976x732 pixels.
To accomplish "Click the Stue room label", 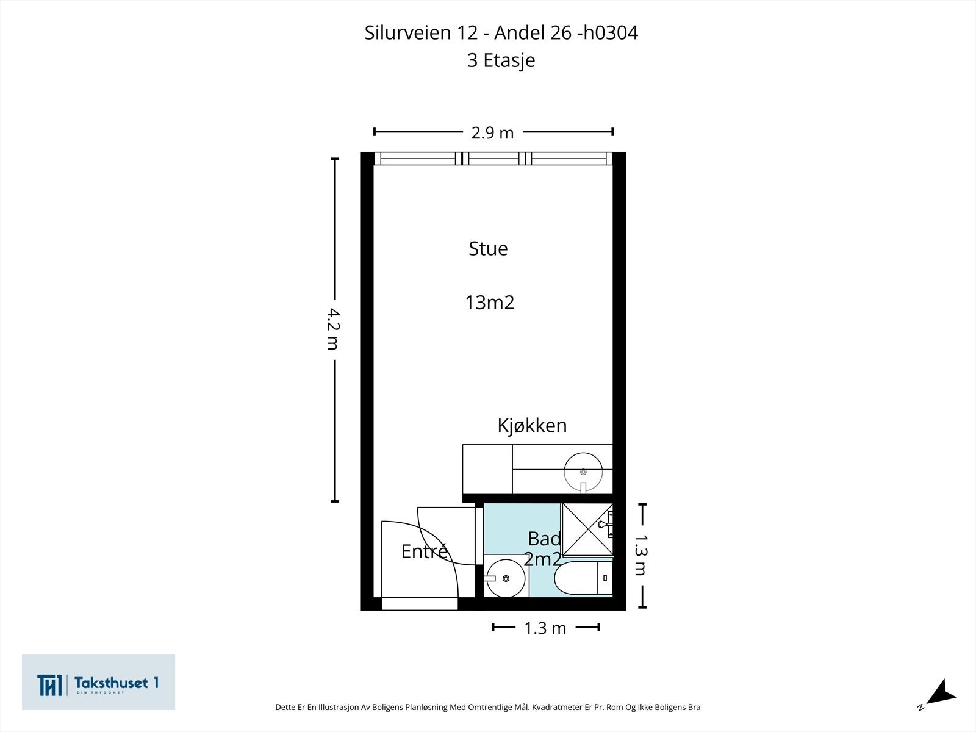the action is pos(488,248).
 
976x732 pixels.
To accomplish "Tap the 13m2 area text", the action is pos(490,303).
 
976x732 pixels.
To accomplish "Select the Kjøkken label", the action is pos(532,425).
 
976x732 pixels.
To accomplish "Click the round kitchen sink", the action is pos(583,472).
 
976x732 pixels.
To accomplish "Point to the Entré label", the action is pos(424,551).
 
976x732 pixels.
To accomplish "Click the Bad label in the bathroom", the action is pos(544,539).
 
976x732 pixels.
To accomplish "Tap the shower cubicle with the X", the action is pos(587,529).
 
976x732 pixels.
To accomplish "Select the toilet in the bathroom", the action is pos(583,578).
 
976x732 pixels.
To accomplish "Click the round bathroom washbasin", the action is pos(506,578).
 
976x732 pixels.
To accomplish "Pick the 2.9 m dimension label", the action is pos(492,133).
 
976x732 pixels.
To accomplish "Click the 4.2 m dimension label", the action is pos(334,329).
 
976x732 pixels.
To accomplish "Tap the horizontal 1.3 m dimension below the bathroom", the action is pos(545,628).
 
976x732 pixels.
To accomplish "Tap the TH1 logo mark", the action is pos(49,685).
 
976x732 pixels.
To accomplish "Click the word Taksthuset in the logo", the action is pos(111,683).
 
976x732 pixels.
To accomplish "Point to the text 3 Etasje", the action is pos(501,60).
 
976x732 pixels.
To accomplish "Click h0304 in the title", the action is pos(611,32).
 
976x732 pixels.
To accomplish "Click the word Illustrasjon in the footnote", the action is pos(337,707).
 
